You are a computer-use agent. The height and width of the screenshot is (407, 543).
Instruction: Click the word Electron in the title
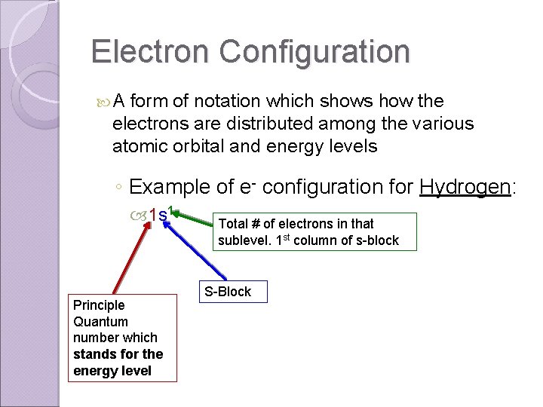(x=151, y=51)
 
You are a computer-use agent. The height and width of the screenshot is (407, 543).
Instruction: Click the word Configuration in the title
(x=315, y=51)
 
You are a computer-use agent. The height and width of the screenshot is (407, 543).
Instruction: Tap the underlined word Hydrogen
(x=465, y=186)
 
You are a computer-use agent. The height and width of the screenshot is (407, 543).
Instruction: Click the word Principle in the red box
(x=99, y=304)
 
